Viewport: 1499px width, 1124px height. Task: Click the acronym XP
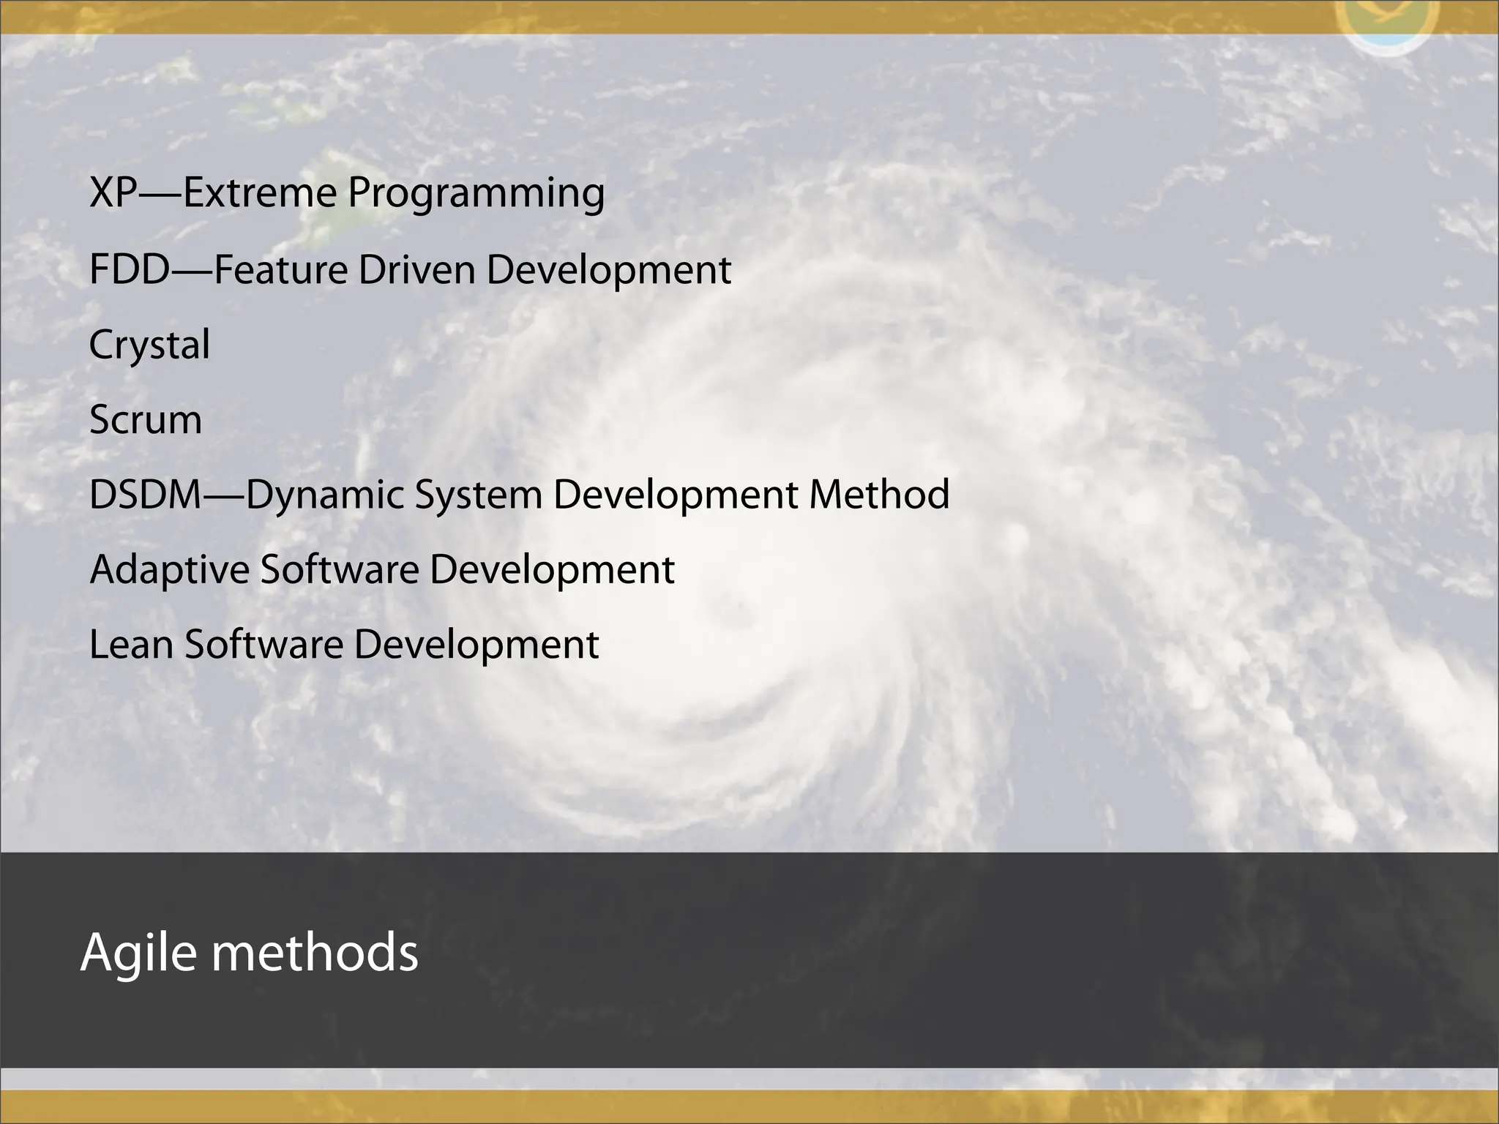113,192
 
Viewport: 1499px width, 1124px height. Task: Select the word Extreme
259,192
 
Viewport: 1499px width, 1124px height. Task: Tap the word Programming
476,194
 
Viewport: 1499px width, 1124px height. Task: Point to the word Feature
280,269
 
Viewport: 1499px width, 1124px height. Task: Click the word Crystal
149,345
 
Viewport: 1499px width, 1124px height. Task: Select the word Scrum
146,420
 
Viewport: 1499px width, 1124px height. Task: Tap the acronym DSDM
145,495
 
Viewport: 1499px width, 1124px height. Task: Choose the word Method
879,495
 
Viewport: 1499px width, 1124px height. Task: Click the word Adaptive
170,571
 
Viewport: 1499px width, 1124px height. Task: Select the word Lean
131,645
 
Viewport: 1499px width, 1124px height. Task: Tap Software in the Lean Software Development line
263,645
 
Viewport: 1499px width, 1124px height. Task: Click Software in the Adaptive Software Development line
340,570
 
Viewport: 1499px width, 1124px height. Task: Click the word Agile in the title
138,953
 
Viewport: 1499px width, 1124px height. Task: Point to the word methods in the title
315,953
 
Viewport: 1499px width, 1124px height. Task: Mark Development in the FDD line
608,271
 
